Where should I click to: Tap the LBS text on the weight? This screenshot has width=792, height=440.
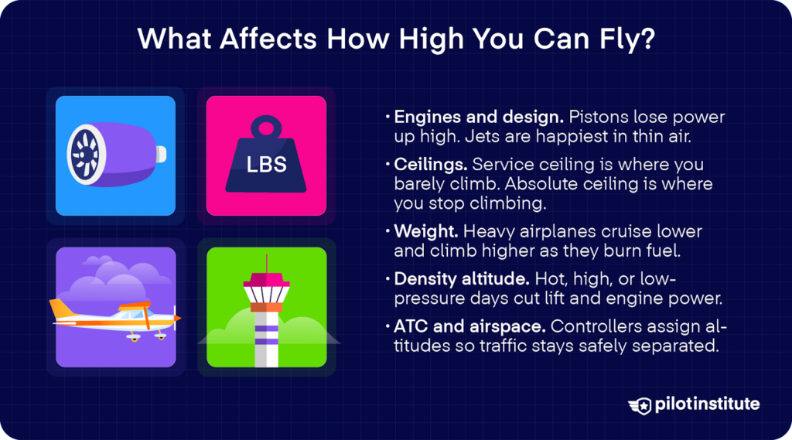(x=267, y=164)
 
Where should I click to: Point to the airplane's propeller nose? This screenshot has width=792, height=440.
(x=177, y=318)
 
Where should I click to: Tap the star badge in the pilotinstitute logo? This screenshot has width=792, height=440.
(x=641, y=404)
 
